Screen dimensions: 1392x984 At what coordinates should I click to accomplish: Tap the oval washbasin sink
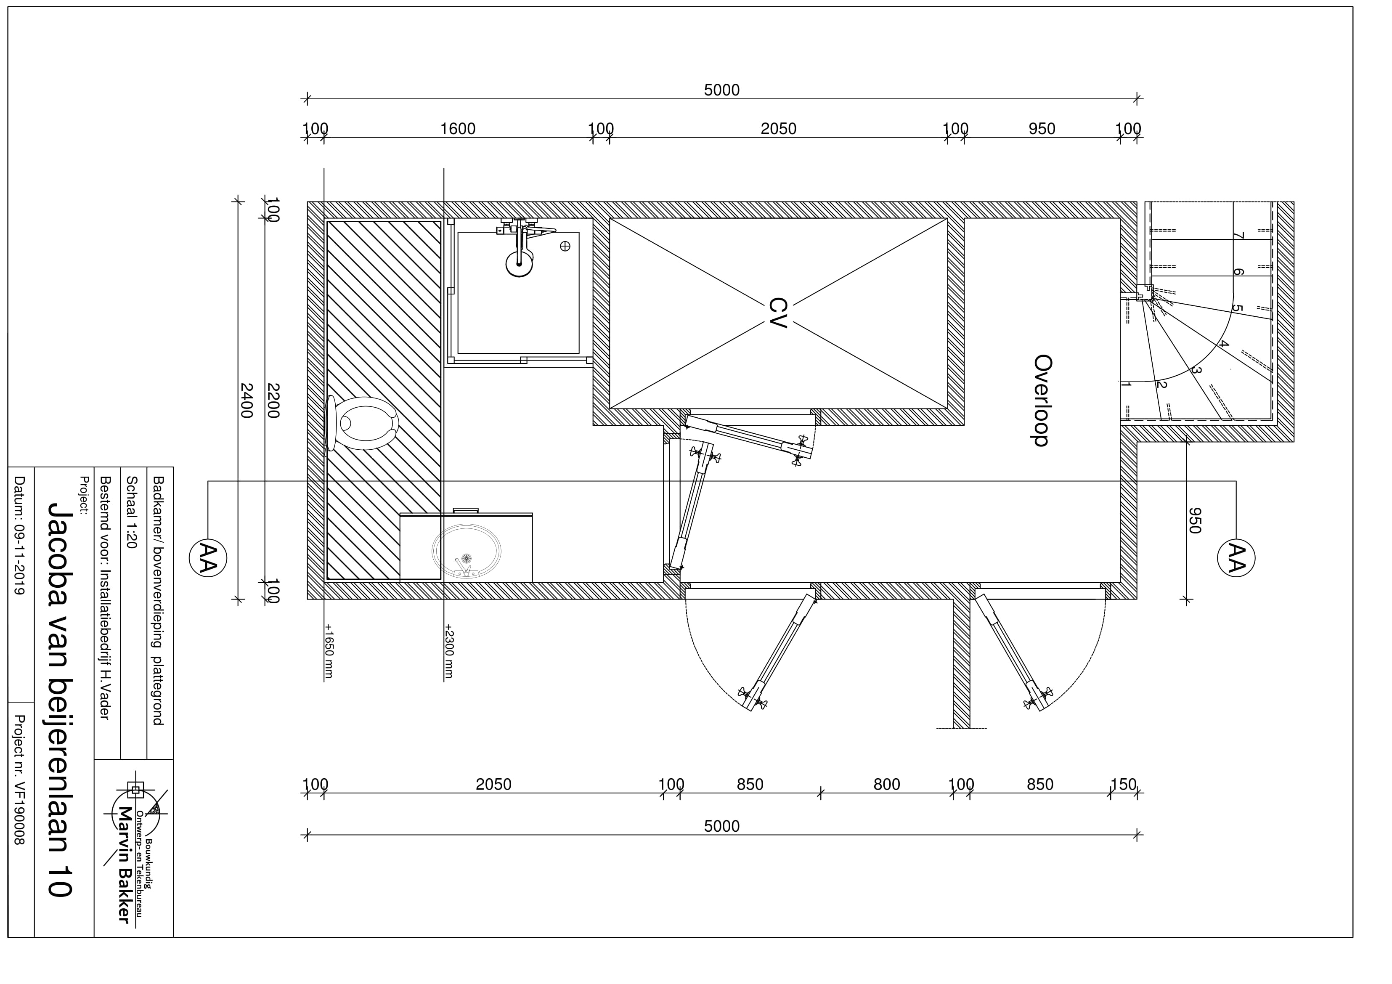466,551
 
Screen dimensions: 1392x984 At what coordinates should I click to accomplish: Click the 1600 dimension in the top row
458,129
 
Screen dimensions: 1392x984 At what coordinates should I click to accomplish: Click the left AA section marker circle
208,558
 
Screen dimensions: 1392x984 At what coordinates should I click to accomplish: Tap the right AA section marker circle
1236,558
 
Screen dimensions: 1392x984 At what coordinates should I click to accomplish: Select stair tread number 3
1196,370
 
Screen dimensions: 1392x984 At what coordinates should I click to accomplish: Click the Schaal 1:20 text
130,512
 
